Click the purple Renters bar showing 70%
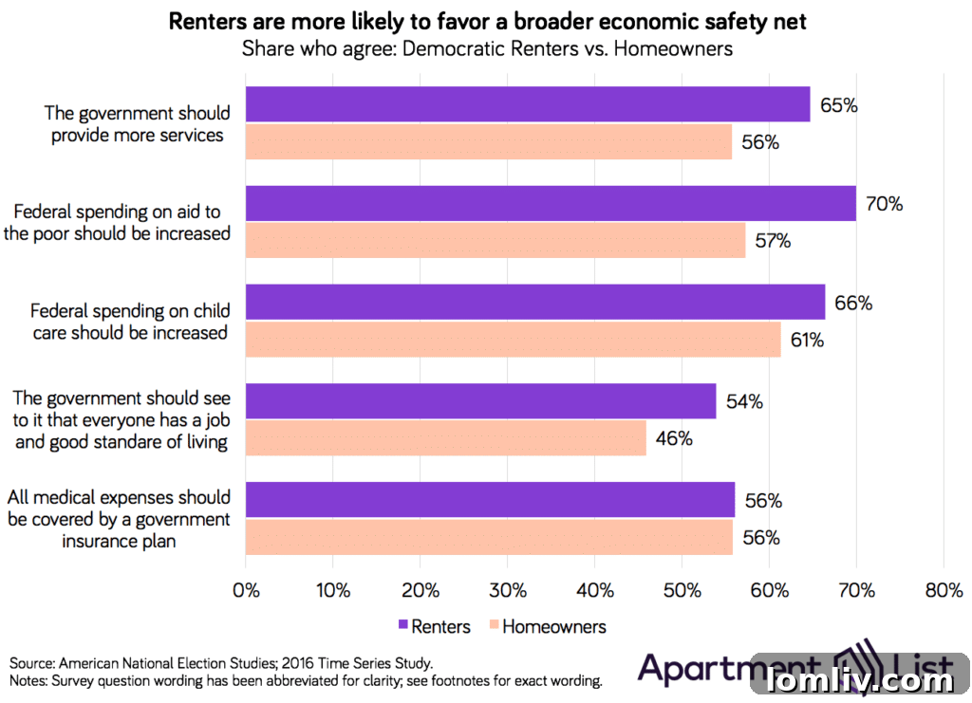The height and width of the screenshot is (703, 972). [x=551, y=204]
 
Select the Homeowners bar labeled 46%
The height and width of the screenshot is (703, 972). [x=446, y=438]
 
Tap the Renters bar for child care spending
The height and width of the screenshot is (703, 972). [x=535, y=303]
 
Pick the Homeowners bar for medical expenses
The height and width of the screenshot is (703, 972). [x=489, y=537]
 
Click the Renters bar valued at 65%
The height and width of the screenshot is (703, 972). [x=528, y=105]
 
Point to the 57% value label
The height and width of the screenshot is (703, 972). [x=773, y=241]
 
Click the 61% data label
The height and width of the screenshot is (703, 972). [x=807, y=340]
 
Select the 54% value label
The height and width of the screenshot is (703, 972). [x=744, y=401]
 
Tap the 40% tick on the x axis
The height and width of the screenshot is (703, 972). [x=594, y=591]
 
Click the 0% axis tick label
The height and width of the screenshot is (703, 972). [x=246, y=591]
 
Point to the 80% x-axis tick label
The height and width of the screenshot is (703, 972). [x=943, y=591]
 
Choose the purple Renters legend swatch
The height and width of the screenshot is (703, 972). [x=403, y=626]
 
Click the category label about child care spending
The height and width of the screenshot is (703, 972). [x=130, y=322]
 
